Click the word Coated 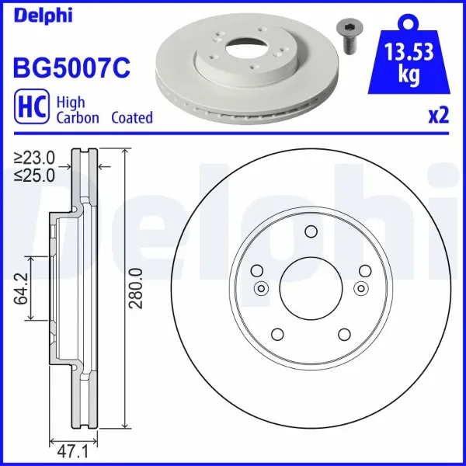pyautogui.click(x=131, y=118)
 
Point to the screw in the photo pyautogui.click(x=347, y=36)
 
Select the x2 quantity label pyautogui.click(x=439, y=116)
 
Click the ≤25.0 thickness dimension pyautogui.click(x=34, y=175)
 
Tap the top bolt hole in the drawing pyautogui.click(x=311, y=231)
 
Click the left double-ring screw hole pyautogui.click(x=261, y=289)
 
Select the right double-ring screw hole pyautogui.click(x=360, y=289)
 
